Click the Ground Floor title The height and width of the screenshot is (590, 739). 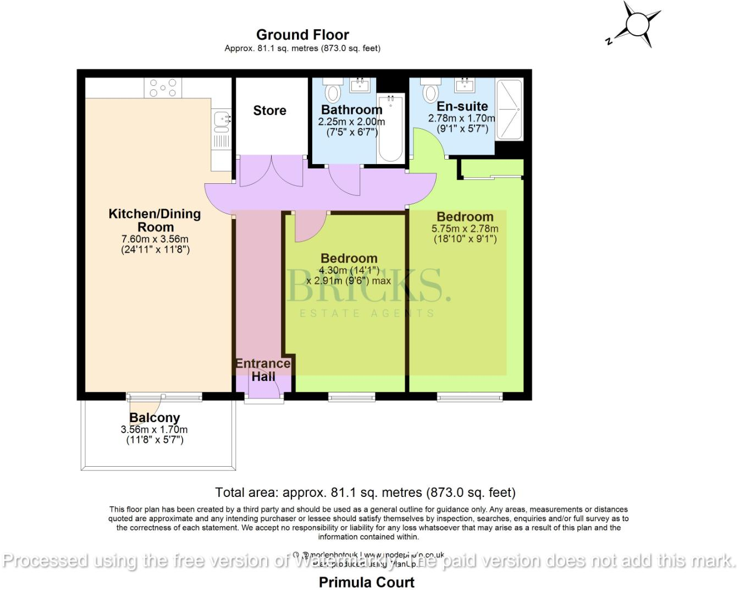coord(302,35)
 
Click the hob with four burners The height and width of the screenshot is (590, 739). coord(163,88)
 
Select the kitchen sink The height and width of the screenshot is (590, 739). coord(221,123)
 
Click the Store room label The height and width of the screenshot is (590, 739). coord(269,111)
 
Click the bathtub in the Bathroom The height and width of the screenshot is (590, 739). coord(391,129)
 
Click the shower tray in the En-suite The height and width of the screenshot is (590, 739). coord(509,108)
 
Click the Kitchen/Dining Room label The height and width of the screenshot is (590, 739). coord(155,220)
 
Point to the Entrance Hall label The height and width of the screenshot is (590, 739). coord(263,370)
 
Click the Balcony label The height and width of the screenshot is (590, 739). coord(155,418)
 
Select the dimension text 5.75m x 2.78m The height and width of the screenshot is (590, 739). coord(465,229)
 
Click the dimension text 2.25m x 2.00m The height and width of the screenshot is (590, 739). coord(351,122)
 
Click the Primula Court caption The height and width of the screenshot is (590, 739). coord(367,582)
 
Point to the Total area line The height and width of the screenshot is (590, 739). coord(365,492)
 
